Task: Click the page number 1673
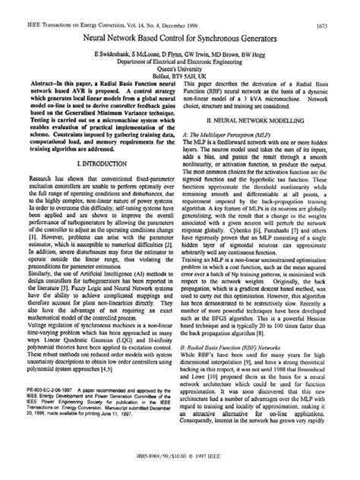(339, 8)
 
